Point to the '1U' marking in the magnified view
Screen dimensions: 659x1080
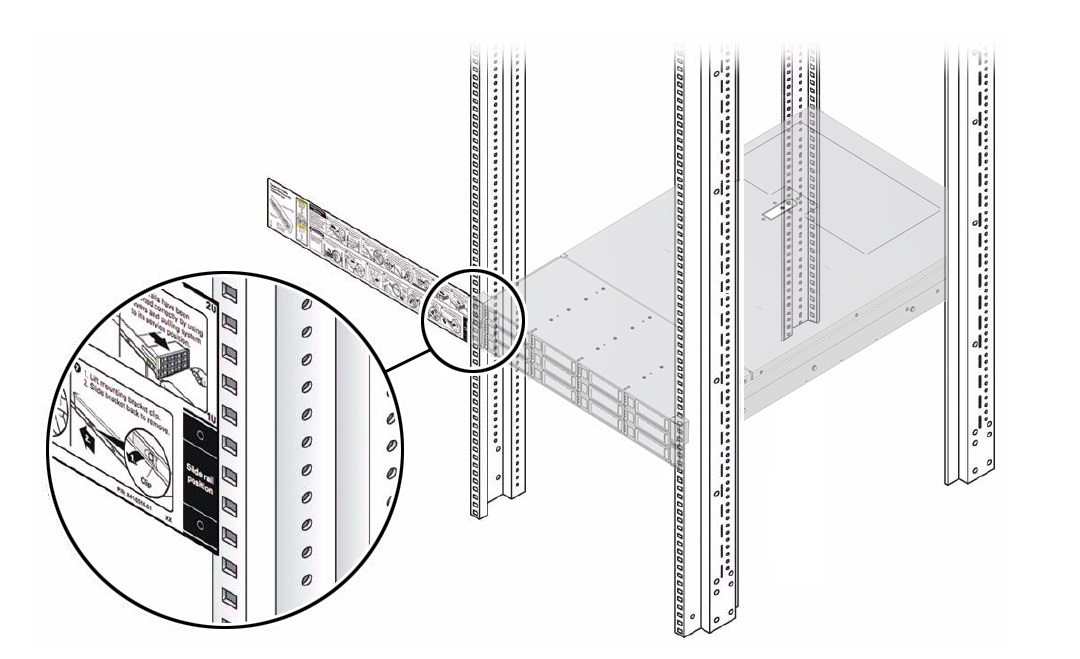207,408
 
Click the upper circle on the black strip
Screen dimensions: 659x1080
201,435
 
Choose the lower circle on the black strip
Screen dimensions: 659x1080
201,523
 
